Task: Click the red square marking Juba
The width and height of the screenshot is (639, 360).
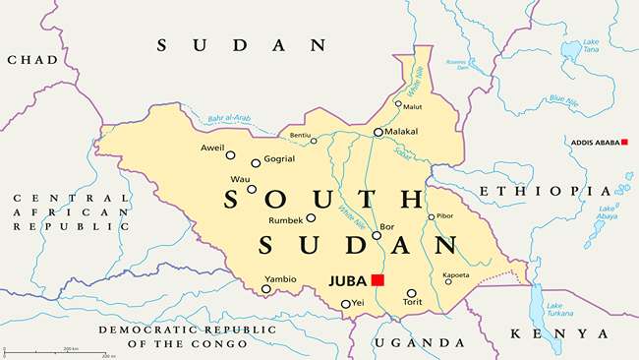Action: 378,280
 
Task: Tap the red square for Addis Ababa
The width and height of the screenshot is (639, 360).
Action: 623,143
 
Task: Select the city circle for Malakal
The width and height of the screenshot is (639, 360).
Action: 378,132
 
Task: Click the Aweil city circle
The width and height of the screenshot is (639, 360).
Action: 231,154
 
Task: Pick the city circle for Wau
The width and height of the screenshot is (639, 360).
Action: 252,189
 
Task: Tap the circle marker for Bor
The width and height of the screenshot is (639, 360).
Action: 377,235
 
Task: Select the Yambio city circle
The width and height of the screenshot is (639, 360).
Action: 266,289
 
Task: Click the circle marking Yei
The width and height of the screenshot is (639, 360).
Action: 345,304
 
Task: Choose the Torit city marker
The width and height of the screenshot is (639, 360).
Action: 411,293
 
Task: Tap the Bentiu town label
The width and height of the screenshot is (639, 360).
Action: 299,134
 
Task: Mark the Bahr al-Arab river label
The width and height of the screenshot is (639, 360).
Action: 228,120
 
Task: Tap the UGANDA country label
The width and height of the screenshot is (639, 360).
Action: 420,342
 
